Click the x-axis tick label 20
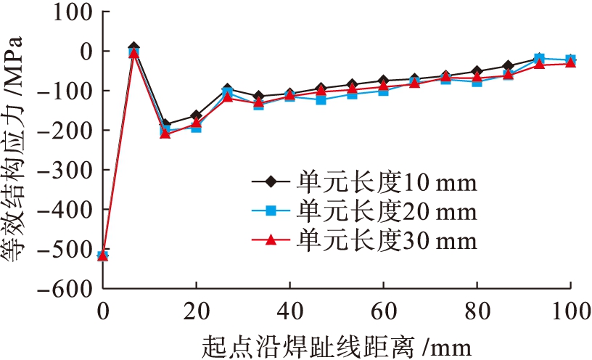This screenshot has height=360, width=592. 196,308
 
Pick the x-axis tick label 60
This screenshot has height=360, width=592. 383,308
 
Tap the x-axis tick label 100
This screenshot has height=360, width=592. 570,308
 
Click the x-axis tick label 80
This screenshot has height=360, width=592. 477,308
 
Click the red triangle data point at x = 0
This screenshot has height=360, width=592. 103,255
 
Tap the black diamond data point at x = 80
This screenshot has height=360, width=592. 477,71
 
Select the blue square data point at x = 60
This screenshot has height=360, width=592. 383,91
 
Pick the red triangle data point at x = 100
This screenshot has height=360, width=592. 570,62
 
